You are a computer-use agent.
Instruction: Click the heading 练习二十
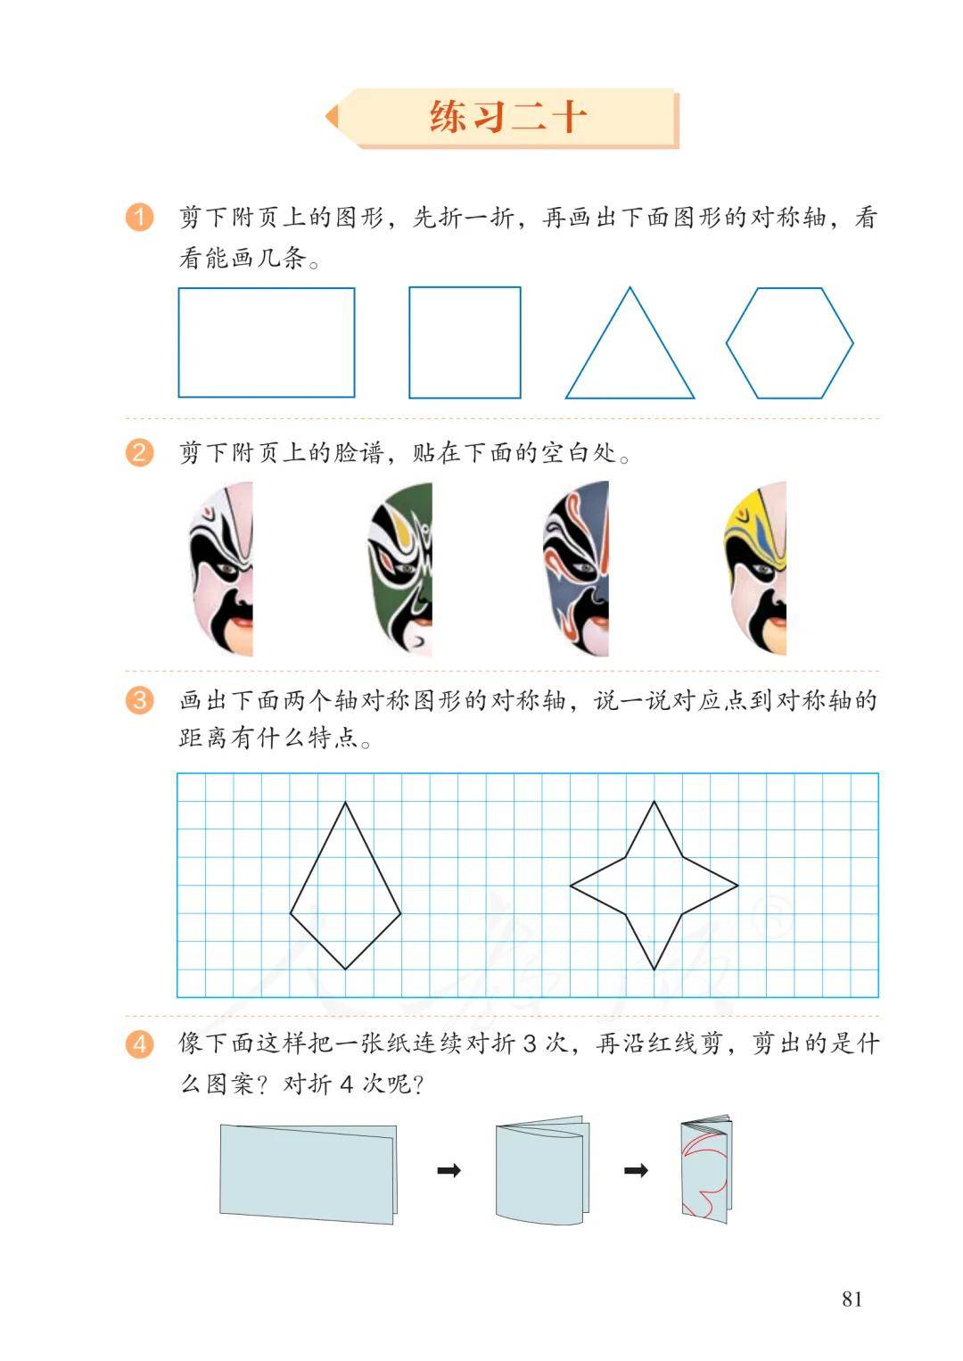tap(508, 116)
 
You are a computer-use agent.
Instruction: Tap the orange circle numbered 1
tap(140, 217)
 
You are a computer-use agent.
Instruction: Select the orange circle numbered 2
tap(140, 453)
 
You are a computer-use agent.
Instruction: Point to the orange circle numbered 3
tap(140, 700)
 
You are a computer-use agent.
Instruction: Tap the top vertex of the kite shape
tap(346, 802)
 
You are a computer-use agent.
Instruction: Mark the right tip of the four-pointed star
tap(737, 886)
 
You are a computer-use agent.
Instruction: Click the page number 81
tap(852, 1299)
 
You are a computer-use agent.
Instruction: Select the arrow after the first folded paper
tap(449, 1170)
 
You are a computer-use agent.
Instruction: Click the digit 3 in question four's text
tap(530, 1043)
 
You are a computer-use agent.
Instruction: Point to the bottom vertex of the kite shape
tap(346, 969)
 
